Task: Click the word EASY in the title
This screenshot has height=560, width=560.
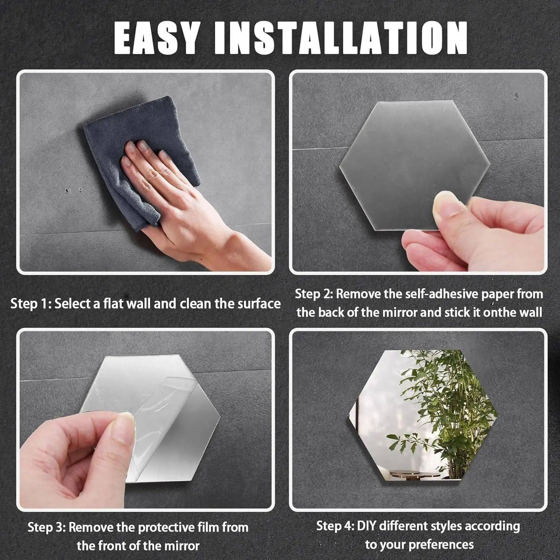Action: point(159,38)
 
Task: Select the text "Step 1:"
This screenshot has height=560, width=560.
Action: point(30,303)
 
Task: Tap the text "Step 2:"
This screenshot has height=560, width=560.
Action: point(314,294)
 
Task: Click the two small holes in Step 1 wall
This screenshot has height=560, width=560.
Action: point(74,190)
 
